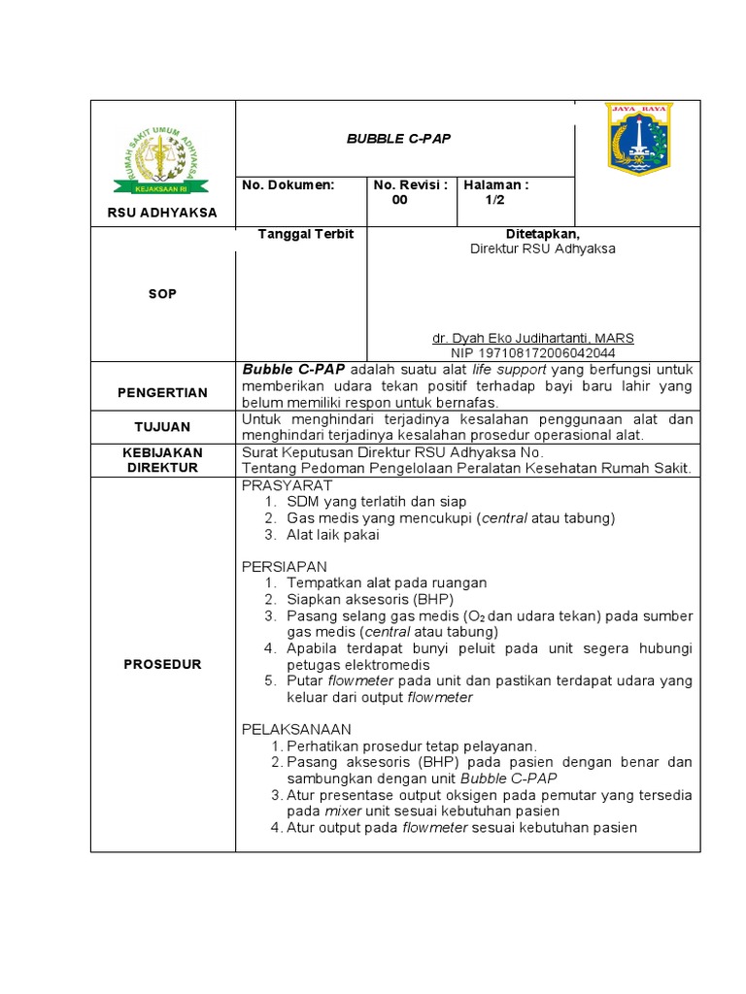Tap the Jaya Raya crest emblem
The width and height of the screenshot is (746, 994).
click(637, 139)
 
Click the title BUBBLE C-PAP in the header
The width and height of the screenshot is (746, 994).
click(398, 139)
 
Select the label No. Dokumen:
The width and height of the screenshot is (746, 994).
click(288, 184)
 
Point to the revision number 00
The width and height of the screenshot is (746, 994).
click(400, 200)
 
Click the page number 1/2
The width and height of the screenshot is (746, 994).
click(495, 200)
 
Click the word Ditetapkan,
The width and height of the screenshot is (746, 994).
click(542, 234)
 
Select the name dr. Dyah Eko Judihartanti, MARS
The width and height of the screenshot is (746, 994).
click(533, 338)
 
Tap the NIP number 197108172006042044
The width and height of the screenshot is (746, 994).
click(533, 353)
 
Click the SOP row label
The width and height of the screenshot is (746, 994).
click(162, 293)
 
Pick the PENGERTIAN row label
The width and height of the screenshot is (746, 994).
click(162, 392)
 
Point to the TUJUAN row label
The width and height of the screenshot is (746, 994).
click(162, 426)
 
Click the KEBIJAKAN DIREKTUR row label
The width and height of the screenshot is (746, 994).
click(162, 460)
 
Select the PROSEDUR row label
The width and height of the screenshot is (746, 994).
click(162, 664)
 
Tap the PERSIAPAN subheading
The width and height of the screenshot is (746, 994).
click(285, 566)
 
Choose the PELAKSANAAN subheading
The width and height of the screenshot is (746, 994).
click(296, 729)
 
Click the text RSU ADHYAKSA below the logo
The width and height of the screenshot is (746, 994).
click(162, 212)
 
